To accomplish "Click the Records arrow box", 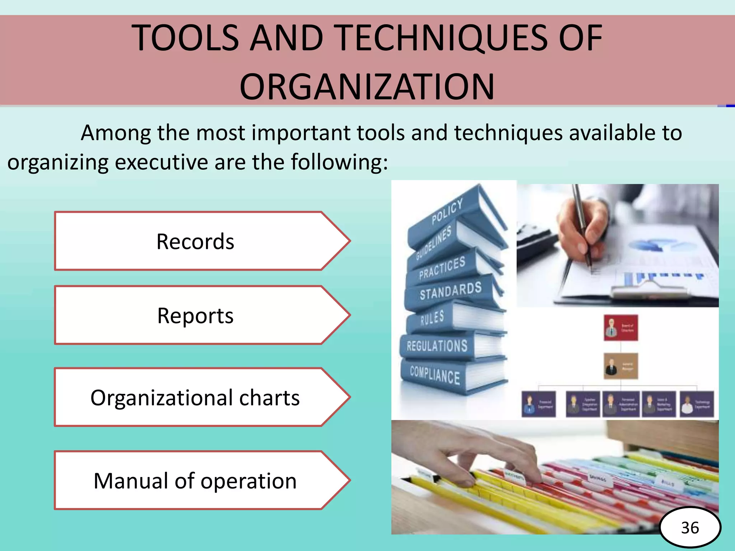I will pos(196,241).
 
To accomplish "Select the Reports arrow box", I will pos(196,315).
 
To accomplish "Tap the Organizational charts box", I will pos(196,397).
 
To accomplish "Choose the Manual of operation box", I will pos(196,480).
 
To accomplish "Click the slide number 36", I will pos(690,528).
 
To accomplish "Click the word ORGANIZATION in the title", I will pos(367,86).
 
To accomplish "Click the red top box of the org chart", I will pos(621,328).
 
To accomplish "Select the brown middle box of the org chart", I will pos(621,366).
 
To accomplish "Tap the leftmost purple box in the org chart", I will pos(538,404).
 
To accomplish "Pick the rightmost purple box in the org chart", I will pos(697,404).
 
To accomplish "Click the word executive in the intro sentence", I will pos(162,162).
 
